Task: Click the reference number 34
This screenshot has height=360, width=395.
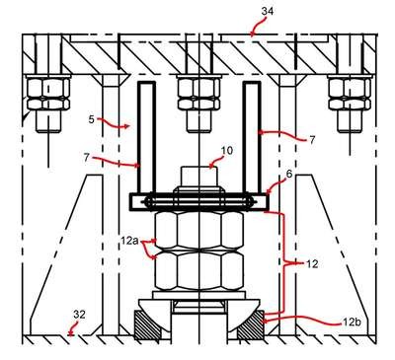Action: tap(268, 11)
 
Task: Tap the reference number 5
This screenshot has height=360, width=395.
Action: tap(92, 119)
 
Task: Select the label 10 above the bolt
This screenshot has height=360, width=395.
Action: tap(226, 151)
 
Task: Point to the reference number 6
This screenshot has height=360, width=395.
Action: tap(289, 175)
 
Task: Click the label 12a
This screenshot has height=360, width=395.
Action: tap(130, 241)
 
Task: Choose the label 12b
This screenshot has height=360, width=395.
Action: tap(352, 323)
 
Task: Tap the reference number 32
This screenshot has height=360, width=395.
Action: tap(79, 315)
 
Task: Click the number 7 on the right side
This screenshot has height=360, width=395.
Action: tap(312, 140)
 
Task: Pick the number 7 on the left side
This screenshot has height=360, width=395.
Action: tap(87, 158)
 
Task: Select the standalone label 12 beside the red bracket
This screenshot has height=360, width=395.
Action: tap(312, 264)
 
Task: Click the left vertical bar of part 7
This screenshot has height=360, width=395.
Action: tap(146, 137)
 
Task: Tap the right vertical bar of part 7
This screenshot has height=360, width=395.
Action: tap(252, 137)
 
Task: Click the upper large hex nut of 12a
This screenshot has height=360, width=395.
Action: tap(199, 230)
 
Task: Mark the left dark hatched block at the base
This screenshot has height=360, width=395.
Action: tap(148, 325)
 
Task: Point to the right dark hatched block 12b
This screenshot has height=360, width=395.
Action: tap(250, 325)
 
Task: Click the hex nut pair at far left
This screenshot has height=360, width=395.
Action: tap(48, 94)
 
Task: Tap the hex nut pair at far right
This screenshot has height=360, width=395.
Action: tap(350, 94)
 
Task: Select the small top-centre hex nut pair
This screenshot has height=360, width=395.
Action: tap(198, 94)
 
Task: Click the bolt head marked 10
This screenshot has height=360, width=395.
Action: tap(199, 178)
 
